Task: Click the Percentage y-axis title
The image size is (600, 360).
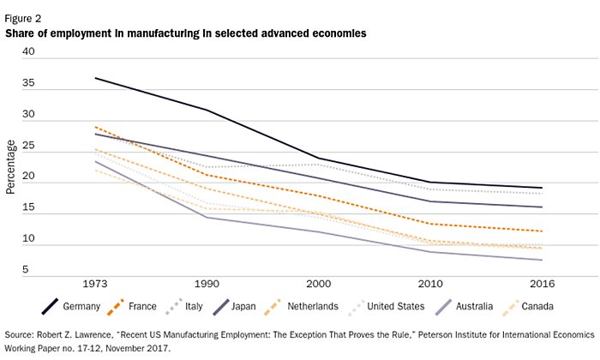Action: point(11,164)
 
